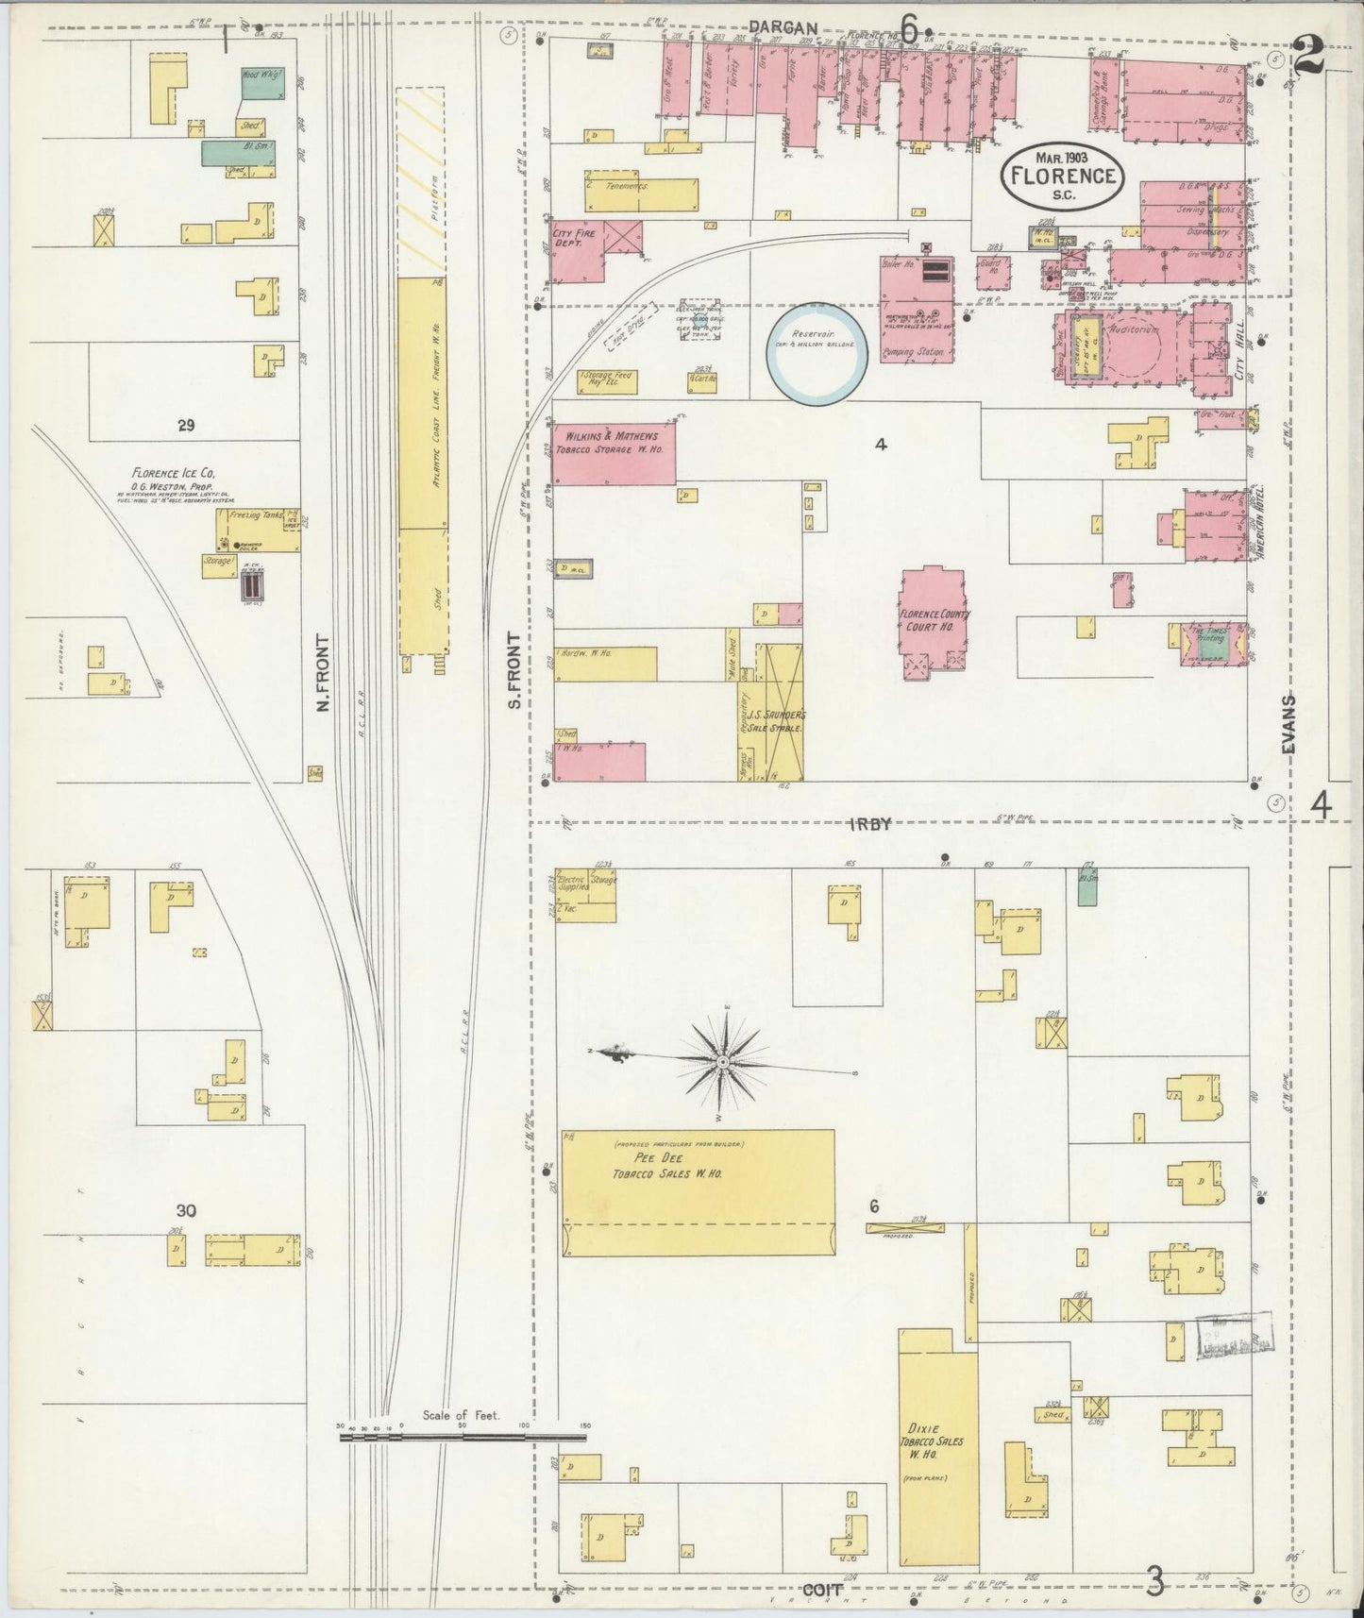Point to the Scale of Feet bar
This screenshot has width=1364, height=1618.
coord(463,1438)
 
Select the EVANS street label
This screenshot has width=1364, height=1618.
coord(1290,724)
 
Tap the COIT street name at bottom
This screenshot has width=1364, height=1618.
coord(821,1589)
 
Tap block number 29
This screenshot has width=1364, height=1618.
coord(185,426)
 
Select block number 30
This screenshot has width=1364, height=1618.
coord(187,1210)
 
